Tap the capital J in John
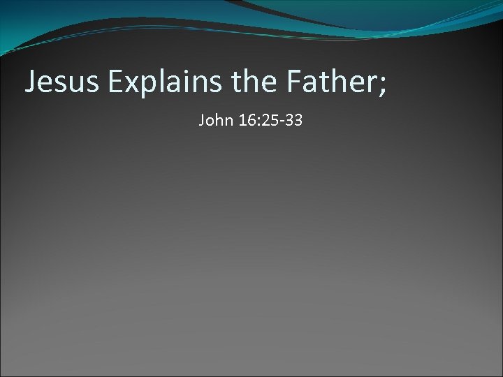pyautogui.click(x=202, y=121)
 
